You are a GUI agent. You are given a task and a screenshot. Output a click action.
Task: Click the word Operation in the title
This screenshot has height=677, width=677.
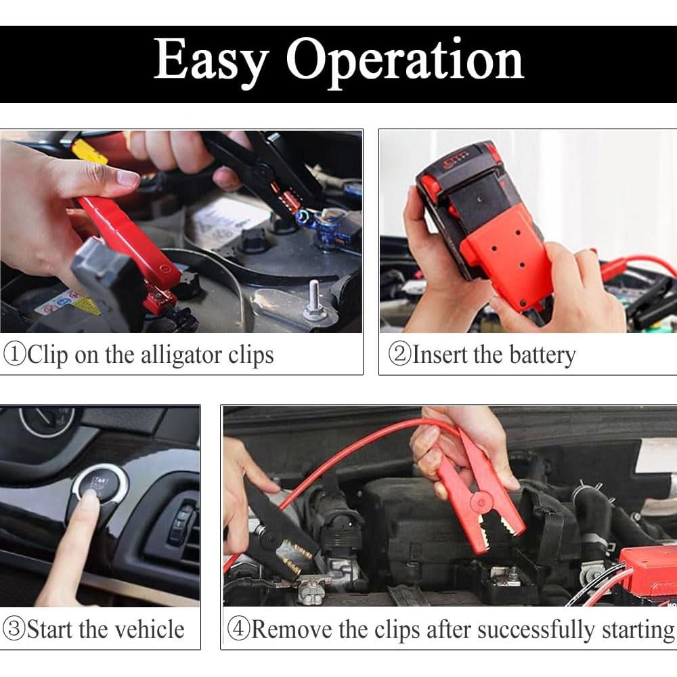[x=405, y=62]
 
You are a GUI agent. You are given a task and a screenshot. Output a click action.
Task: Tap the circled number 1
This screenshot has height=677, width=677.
[x=15, y=355]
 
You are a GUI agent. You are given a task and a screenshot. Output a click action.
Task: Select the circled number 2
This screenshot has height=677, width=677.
[x=400, y=355]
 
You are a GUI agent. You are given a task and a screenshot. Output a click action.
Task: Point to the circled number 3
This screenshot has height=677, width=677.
[x=14, y=629]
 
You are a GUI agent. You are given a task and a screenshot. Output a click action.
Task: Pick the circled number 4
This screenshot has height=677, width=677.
[x=239, y=629]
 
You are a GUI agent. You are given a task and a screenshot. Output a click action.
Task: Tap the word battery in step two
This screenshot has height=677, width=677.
[x=543, y=356]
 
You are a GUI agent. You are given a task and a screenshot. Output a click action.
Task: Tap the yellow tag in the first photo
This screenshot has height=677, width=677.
[x=89, y=152]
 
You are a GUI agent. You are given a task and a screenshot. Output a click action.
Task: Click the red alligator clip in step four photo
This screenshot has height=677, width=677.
[x=479, y=488]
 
